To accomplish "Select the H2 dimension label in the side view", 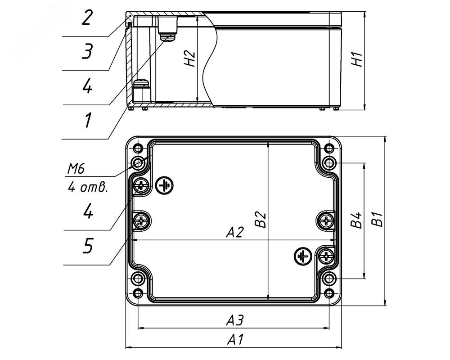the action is point(190,58).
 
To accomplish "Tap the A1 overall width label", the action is point(235,340).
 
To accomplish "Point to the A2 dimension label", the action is point(235,232).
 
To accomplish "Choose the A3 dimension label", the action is point(235,320).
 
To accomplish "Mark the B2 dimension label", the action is point(261,220).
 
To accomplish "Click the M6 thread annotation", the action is point(76,169).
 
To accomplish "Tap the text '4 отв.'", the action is point(88,188).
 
